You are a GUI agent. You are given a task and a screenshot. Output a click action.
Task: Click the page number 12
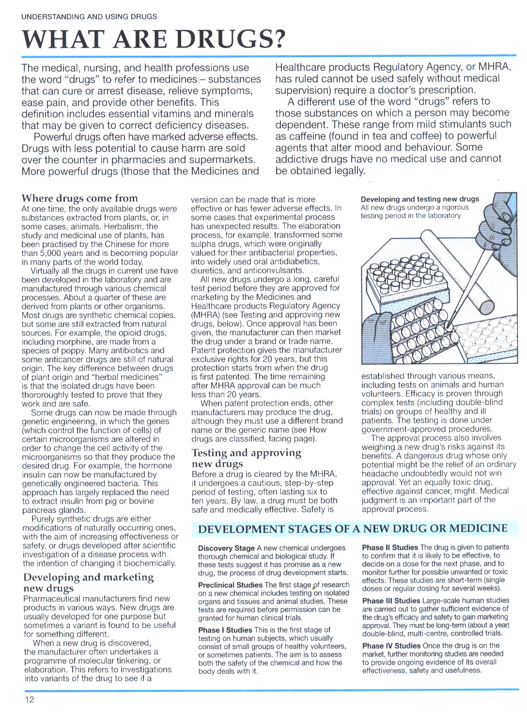click(30, 699)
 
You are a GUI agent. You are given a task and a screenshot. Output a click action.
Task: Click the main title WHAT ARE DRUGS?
click(154, 39)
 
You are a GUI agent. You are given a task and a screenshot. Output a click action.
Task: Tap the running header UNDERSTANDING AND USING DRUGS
click(89, 16)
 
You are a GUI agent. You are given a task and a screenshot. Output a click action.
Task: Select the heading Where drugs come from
click(79, 198)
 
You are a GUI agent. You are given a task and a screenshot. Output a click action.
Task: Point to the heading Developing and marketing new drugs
click(88, 582)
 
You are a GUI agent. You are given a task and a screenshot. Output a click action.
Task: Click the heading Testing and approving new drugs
click(246, 458)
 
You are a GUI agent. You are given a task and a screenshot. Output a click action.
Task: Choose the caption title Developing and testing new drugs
click(419, 199)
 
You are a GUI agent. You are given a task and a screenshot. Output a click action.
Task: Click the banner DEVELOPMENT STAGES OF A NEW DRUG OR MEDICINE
click(353, 529)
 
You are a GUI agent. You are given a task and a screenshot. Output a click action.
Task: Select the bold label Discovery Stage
click(226, 548)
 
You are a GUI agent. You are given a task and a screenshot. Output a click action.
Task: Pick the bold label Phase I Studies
click(225, 630)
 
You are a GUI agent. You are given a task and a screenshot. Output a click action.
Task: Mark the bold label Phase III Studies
click(391, 600)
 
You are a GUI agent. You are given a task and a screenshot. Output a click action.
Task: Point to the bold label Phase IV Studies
click(391, 645)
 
